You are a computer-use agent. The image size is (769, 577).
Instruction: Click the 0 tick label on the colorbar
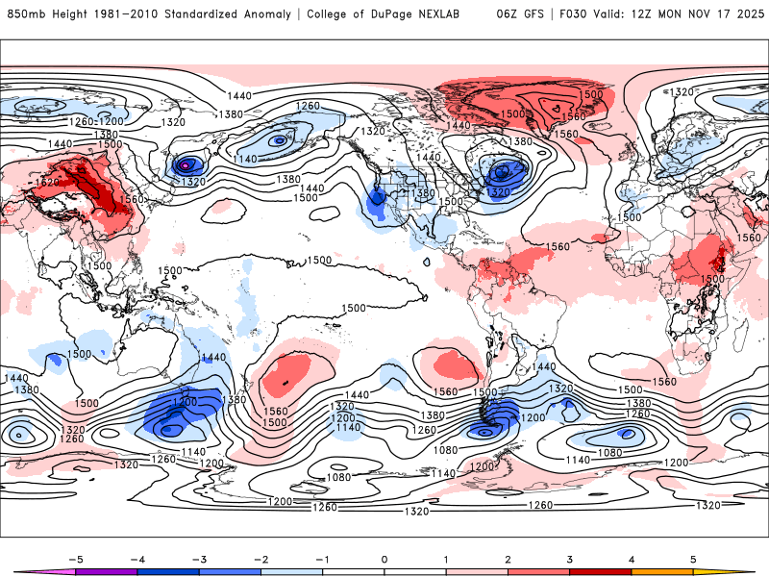[384, 559]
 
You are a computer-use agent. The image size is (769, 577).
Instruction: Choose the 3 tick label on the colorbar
[570, 559]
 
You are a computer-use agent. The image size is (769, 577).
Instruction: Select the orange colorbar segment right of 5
[716, 572]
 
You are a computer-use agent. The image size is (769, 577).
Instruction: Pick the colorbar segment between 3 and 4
[601, 572]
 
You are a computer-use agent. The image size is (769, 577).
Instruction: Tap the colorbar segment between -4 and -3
[168, 572]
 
